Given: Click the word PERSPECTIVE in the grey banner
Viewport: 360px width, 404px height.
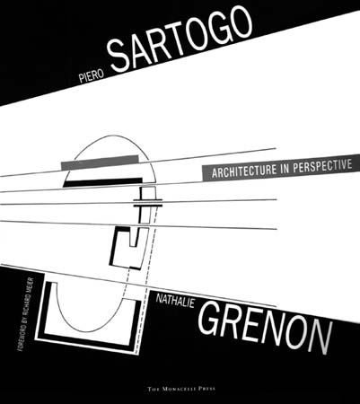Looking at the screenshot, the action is click(322, 165).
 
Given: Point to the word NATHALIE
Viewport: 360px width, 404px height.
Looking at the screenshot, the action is click(175, 301).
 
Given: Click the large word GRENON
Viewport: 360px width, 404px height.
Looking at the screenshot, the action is click(265, 328).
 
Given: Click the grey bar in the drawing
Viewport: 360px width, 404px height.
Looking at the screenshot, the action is click(100, 162).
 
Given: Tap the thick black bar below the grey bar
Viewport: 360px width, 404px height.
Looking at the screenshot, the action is click(102, 182).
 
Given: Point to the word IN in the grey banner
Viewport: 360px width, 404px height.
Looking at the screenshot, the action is click(285, 168).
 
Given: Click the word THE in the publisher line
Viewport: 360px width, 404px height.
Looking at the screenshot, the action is click(154, 389).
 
